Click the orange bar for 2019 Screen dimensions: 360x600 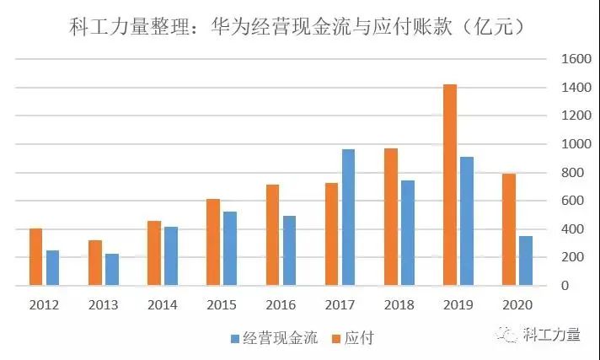coord(450,185)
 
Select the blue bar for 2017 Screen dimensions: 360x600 coord(348,218)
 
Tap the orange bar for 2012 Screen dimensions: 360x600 coord(35,257)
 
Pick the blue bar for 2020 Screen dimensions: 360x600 coord(525,261)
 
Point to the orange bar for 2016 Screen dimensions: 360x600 coord(272,235)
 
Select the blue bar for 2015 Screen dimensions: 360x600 coord(229,249)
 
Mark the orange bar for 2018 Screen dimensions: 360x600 coord(390,217)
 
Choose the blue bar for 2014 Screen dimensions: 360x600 coord(171,256)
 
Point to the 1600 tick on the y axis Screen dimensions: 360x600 coord(564,59)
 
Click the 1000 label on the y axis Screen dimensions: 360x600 coord(564,144)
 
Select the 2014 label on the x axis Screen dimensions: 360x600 coord(163,305)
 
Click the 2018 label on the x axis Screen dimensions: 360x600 coord(399,305)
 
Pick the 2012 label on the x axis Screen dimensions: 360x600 coord(44,305)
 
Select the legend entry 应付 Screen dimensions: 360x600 coord(357,339)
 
